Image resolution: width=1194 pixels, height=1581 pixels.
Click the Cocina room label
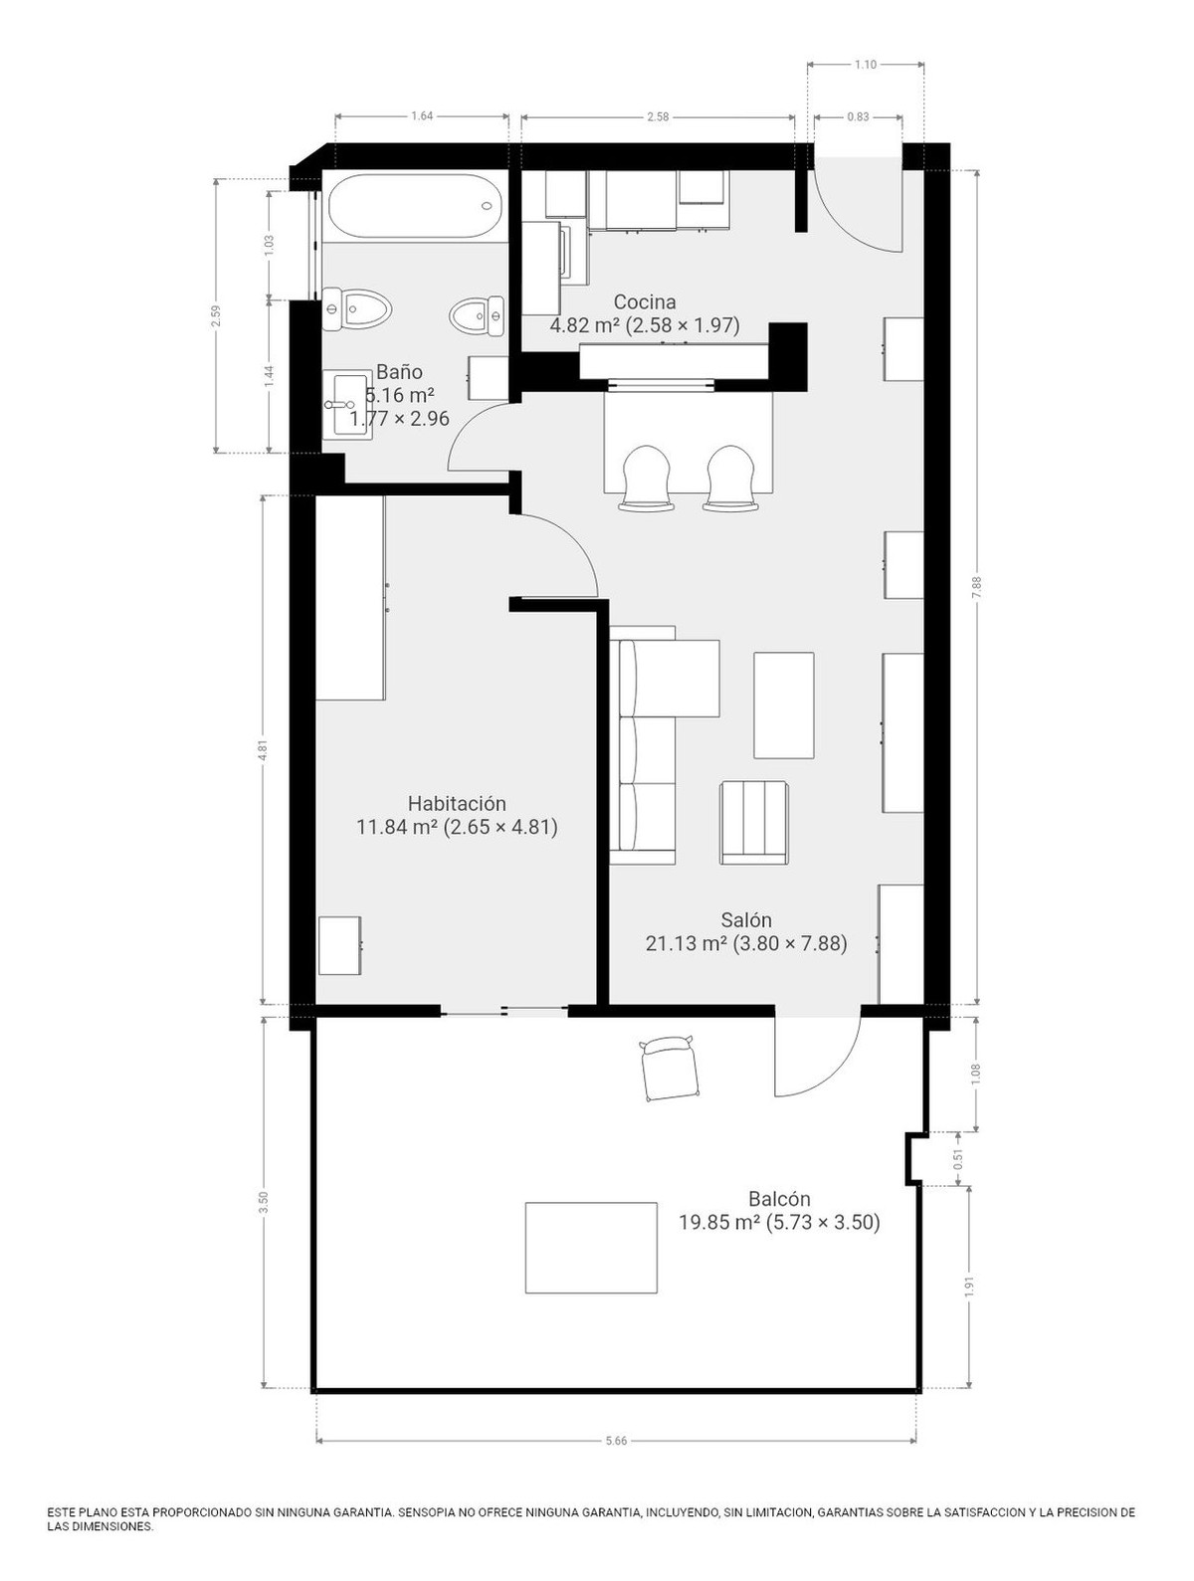[645, 301]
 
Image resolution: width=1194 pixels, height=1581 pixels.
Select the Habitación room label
[457, 803]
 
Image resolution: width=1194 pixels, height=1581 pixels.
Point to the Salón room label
[746, 920]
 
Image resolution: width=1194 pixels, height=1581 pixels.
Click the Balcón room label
[779, 1199]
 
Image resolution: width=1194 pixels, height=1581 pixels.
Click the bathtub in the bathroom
[414, 207]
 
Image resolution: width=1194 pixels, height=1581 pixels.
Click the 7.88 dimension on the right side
[976, 587]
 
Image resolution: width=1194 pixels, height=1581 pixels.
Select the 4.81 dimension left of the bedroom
[263, 750]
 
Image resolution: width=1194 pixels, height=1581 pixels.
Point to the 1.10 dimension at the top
[865, 65]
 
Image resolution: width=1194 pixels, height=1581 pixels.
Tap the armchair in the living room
[754, 822]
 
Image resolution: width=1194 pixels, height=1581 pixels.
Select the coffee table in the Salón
[784, 704]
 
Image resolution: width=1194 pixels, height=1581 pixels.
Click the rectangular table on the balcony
[591, 1248]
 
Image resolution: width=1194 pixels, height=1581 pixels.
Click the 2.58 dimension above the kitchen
[658, 116]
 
